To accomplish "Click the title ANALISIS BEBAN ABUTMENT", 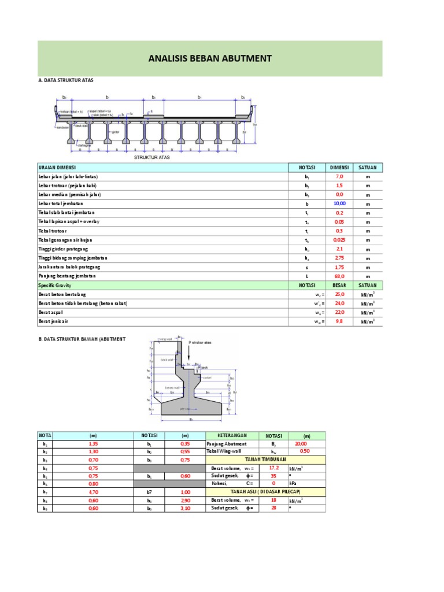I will (210, 58).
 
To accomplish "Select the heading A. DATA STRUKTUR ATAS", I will (65, 80).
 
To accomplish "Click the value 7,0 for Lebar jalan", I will (339, 176).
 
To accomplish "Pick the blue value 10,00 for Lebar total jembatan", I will (339, 203).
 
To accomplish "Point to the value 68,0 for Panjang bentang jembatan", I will (339, 276).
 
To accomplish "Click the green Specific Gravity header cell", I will (163, 286).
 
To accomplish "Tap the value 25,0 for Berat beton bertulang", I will (339, 294).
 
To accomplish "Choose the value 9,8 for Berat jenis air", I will (339, 321).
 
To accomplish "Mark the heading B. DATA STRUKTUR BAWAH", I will (82, 338).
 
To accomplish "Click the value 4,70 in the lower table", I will (92, 492).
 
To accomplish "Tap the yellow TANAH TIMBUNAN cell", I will (265, 460).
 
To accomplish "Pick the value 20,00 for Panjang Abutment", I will (301, 443).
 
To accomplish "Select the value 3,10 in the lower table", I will (184, 508).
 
